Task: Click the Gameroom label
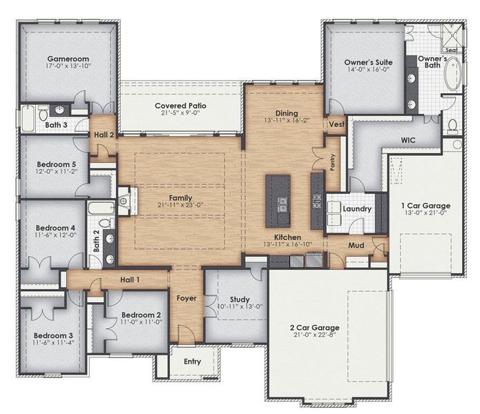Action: (x=68, y=59)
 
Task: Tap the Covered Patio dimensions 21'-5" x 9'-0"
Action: (x=180, y=113)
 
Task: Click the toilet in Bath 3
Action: (x=43, y=113)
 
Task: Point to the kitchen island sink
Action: (x=282, y=204)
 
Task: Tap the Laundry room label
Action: (x=357, y=209)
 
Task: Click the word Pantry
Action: (x=332, y=162)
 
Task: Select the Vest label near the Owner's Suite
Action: (x=336, y=124)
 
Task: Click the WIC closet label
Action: (x=408, y=140)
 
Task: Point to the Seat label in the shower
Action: (x=452, y=50)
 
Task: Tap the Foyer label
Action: (x=186, y=298)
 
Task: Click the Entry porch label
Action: (x=192, y=362)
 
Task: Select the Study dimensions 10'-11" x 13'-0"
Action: (x=240, y=306)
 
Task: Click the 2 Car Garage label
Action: (x=315, y=328)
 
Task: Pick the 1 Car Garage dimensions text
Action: (x=426, y=213)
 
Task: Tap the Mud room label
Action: (x=356, y=245)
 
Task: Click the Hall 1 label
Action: (x=130, y=279)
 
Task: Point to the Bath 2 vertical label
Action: (x=96, y=241)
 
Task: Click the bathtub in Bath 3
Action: (x=28, y=118)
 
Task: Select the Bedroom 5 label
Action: (x=57, y=164)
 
